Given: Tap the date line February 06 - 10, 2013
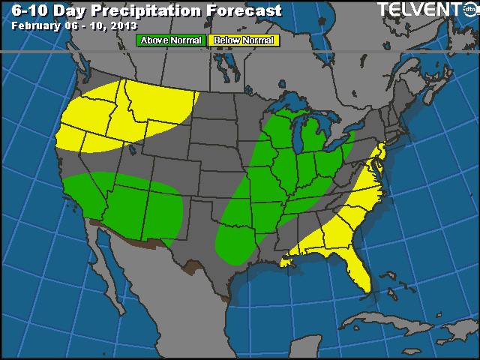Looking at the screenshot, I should tap(68, 25).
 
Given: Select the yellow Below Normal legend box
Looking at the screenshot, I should tap(243, 40).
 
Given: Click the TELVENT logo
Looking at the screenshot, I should tap(424, 9).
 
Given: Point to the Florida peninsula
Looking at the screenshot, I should tap(358, 270).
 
